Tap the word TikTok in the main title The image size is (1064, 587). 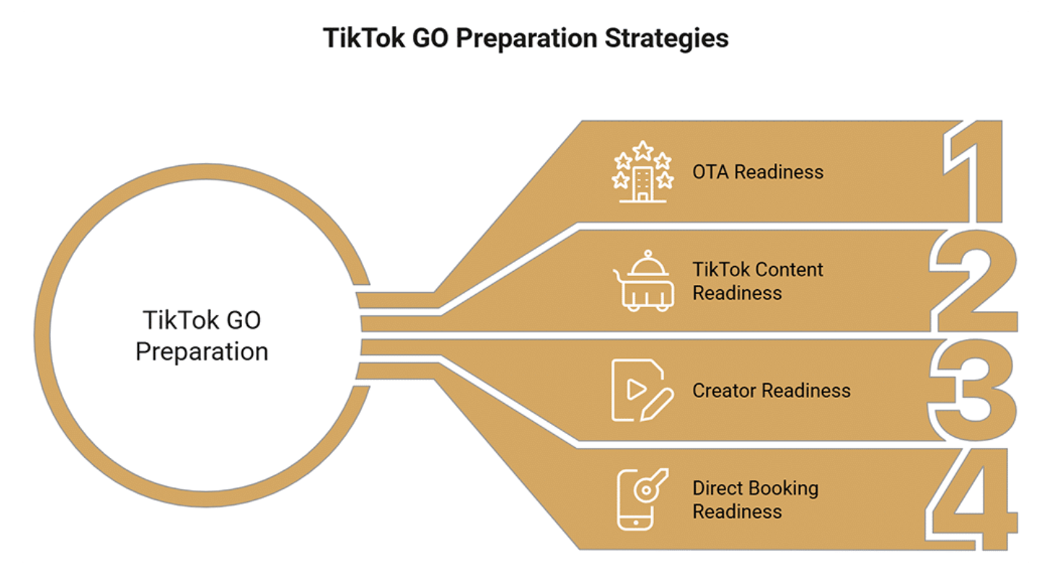pyautogui.click(x=364, y=38)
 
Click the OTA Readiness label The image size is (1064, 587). pyautogui.click(x=757, y=172)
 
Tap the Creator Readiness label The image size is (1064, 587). pyautogui.click(x=771, y=391)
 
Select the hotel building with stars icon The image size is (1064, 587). pyautogui.click(x=643, y=172)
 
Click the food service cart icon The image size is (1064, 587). pyautogui.click(x=643, y=280)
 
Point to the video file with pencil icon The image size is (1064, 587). pyautogui.click(x=643, y=391)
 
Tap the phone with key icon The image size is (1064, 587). pyautogui.click(x=643, y=499)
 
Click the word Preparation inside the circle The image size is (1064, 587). pyautogui.click(x=202, y=352)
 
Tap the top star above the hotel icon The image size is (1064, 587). pyautogui.click(x=643, y=150)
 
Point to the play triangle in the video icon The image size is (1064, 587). pyautogui.click(x=636, y=389)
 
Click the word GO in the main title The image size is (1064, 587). pyautogui.click(x=431, y=38)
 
